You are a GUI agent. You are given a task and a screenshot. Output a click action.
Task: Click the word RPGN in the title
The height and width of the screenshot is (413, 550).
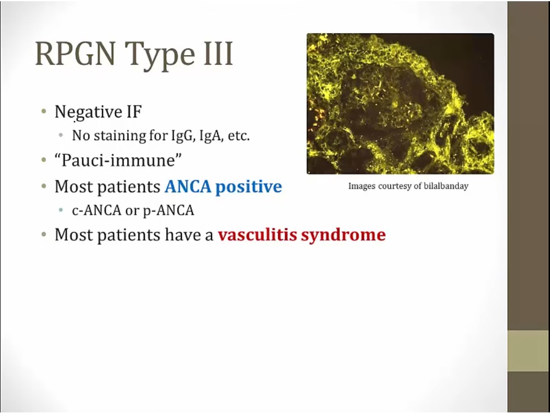tap(75, 53)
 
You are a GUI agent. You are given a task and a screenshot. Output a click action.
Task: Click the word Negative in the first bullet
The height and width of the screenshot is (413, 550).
tap(88, 113)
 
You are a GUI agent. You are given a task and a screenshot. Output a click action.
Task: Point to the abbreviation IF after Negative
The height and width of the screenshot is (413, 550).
tap(134, 112)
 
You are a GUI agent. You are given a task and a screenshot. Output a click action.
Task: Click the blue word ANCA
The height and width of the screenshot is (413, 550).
tap(188, 187)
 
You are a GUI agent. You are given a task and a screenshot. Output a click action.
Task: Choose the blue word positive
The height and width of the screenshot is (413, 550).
tap(249, 187)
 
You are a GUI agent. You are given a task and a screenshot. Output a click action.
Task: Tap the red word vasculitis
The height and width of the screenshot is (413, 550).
tap(257, 234)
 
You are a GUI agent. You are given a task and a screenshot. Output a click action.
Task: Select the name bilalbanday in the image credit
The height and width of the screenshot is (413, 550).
tap(446, 186)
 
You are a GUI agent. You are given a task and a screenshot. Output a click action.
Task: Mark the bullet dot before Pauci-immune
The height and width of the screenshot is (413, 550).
tap(43, 160)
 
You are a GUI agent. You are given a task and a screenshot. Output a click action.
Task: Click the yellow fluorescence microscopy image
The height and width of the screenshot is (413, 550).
tap(400, 103)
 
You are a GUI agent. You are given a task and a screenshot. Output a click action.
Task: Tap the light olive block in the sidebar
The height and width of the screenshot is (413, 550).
tap(529, 351)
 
